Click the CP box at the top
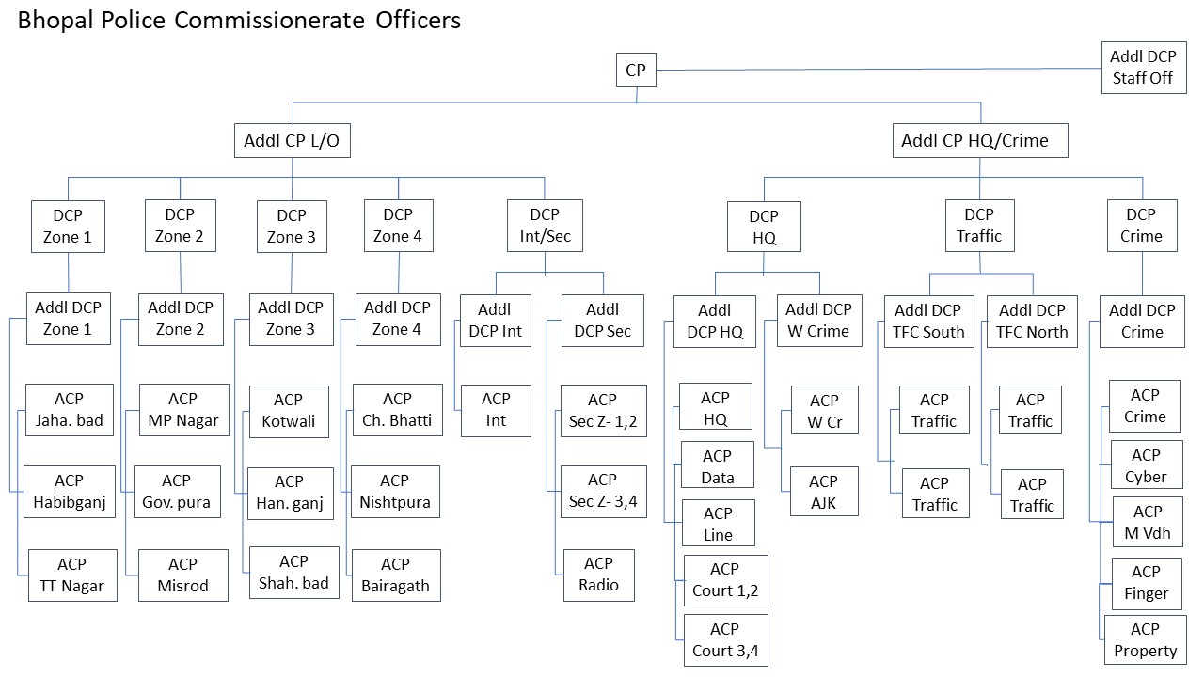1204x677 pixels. tap(636, 70)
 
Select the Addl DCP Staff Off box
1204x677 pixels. tap(1142, 67)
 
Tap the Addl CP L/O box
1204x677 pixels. tap(292, 141)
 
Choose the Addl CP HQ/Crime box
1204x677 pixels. tap(979, 141)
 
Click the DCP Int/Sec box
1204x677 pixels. tap(545, 226)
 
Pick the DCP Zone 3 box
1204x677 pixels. tap(292, 226)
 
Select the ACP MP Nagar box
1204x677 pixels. tap(183, 410)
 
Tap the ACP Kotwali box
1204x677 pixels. tap(289, 411)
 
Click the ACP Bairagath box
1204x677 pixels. tap(395, 575)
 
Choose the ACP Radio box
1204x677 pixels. tap(598, 574)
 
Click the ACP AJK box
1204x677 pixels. tap(824, 492)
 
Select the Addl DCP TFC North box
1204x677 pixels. tap(1032, 321)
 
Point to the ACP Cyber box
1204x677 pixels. tap(1146, 465)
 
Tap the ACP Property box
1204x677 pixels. tap(1145, 639)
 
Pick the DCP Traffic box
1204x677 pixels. tap(979, 226)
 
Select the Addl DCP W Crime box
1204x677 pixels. tap(818, 320)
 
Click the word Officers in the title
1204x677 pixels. tap(413, 20)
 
